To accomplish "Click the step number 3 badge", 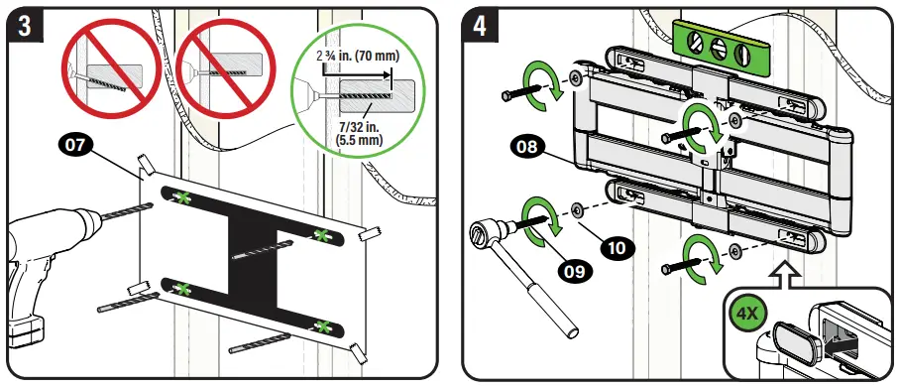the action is point(25,27).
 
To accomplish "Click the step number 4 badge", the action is point(480,27).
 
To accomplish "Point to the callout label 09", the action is point(575,270).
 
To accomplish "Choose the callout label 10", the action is point(617,248).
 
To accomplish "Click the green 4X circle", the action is point(745,316).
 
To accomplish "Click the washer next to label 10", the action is point(575,210).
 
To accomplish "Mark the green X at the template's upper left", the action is point(183,197).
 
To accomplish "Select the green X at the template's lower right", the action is point(323,327).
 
